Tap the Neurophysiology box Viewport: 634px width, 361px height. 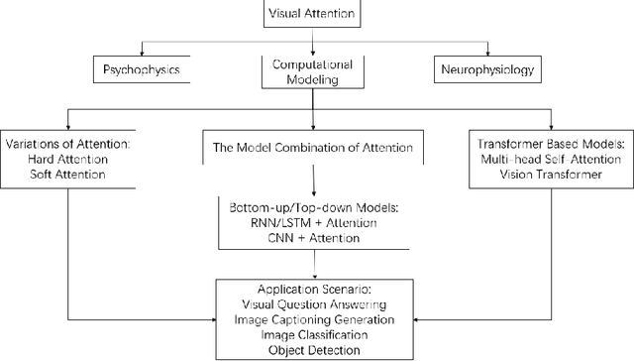pyautogui.click(x=485, y=70)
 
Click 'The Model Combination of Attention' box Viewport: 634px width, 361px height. pyautogui.click(x=313, y=148)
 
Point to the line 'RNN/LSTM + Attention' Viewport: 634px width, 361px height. pyautogui.click(x=315, y=223)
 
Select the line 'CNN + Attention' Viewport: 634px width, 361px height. pyautogui.click(x=315, y=238)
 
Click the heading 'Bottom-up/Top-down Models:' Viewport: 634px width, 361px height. pyautogui.click(x=315, y=208)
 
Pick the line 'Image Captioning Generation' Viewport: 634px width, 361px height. pyautogui.click(x=315, y=320)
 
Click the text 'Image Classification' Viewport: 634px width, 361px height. pyautogui.click(x=315, y=335)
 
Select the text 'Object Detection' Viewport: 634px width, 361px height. pyautogui.click(x=315, y=350)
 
